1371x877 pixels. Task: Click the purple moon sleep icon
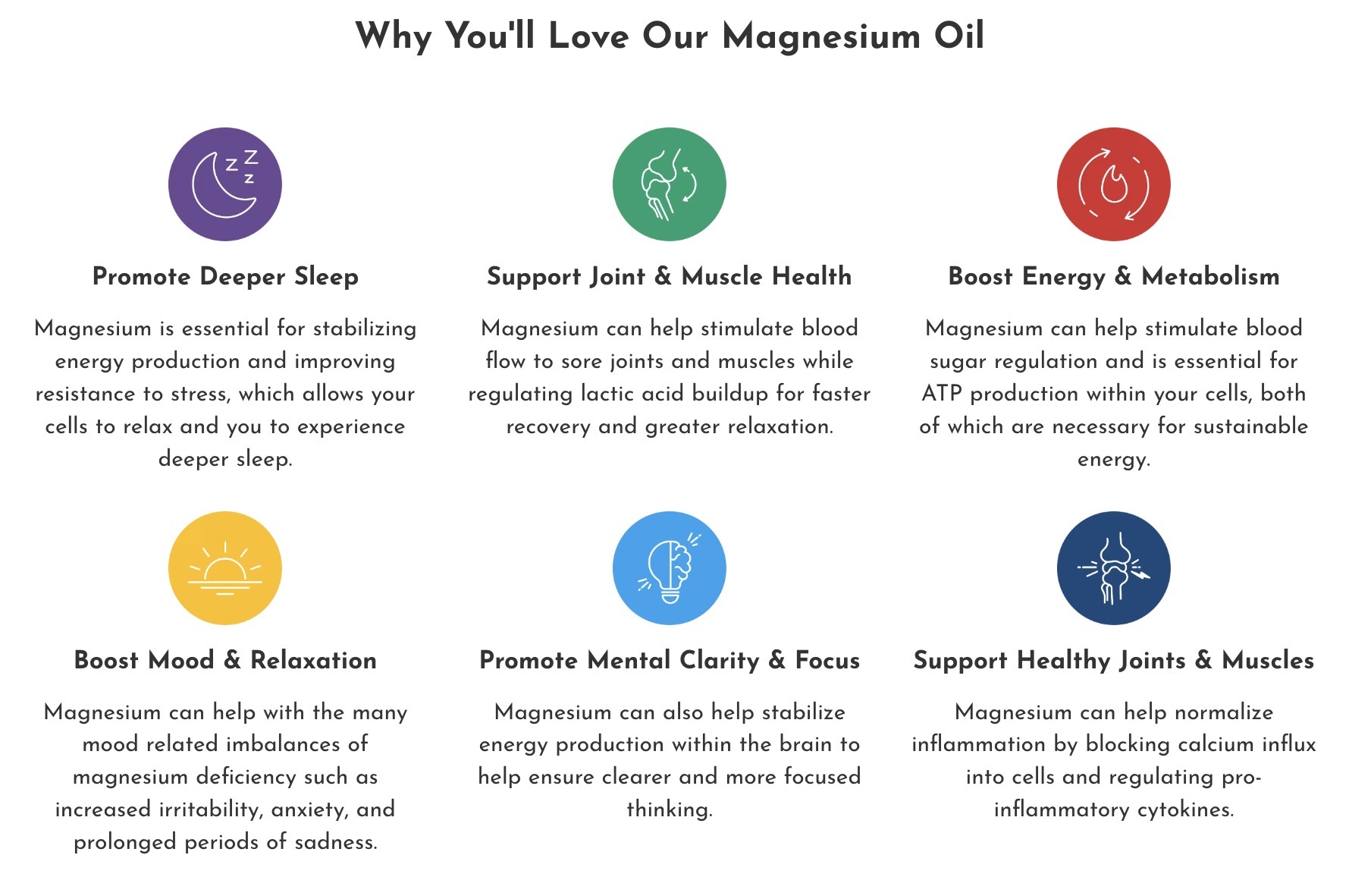(x=225, y=184)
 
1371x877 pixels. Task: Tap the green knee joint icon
(x=669, y=184)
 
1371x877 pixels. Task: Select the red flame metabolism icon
(x=1113, y=184)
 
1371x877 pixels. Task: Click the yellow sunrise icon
(x=225, y=568)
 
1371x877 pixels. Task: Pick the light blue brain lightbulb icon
(x=669, y=568)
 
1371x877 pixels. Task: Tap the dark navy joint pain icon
(x=1113, y=568)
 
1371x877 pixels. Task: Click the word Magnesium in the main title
(x=821, y=36)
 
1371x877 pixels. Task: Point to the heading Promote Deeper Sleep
(x=225, y=276)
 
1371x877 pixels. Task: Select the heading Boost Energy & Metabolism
(x=1113, y=276)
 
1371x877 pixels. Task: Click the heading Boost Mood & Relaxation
(x=225, y=660)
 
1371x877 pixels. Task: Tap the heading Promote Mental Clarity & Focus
(x=670, y=660)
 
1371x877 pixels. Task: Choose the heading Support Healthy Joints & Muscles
(x=1113, y=660)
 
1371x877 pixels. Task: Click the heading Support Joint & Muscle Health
(x=669, y=276)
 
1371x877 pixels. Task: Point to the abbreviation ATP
(x=943, y=394)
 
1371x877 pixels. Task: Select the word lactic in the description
(x=613, y=394)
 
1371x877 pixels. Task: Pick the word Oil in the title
(x=958, y=36)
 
